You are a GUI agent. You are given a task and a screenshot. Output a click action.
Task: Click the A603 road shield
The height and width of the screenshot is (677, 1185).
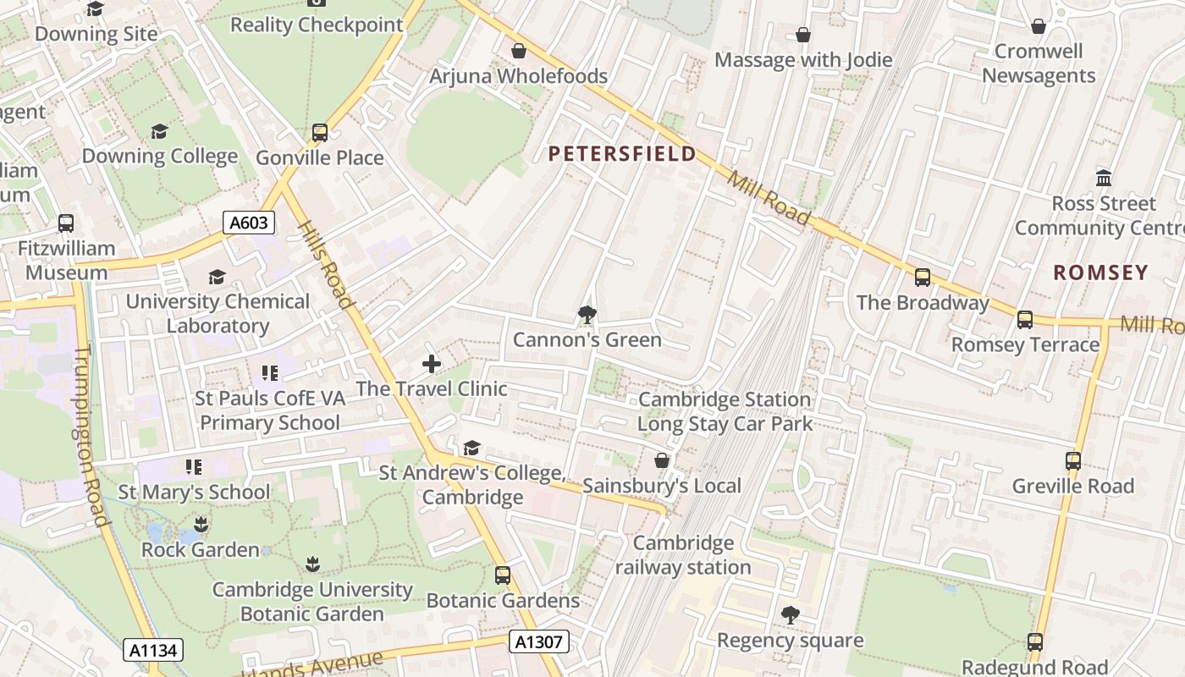pos(250,223)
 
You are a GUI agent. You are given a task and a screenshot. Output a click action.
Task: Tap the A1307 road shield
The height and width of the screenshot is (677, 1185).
pos(539,641)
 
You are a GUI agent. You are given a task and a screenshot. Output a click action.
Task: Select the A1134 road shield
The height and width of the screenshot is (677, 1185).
pos(154,650)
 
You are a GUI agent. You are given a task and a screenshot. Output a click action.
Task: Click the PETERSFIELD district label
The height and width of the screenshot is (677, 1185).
pos(622,154)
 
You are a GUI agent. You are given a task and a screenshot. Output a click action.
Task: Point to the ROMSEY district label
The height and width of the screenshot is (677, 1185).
pos(1100,272)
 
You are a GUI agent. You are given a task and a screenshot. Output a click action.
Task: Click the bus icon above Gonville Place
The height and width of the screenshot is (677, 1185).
pos(320,132)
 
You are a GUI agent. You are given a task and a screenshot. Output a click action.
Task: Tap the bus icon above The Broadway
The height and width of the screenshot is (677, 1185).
pos(923,277)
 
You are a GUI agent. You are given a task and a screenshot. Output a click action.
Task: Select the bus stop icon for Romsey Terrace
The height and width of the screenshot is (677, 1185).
pos(1025,319)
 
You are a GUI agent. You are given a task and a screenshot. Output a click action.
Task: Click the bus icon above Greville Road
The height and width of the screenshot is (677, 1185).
pos(1073,461)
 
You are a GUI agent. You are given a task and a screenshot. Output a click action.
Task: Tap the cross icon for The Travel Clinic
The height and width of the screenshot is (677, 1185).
pos(432,364)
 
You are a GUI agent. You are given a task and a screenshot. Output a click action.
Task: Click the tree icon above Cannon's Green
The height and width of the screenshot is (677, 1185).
pos(587,315)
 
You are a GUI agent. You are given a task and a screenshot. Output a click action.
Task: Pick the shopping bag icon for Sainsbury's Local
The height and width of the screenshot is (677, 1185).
pos(662,460)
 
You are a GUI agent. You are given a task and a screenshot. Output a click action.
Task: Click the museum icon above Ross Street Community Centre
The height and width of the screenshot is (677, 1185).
pos(1104,179)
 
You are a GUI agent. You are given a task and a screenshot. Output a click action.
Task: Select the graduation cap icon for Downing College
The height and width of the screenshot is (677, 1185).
pos(159,131)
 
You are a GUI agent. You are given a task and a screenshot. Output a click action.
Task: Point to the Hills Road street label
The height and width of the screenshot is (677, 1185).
pos(325,264)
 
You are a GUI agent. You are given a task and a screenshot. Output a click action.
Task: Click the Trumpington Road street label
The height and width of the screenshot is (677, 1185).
pos(91,436)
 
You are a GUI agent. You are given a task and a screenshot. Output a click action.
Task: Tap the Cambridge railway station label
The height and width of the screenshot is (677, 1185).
pos(683,555)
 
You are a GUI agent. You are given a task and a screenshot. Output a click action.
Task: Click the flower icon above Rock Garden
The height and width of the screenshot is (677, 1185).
pos(201,525)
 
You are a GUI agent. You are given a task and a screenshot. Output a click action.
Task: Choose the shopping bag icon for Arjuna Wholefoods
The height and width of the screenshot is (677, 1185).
pos(519,52)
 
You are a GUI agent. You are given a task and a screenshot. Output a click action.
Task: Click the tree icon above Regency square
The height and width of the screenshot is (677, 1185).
pos(791,615)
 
